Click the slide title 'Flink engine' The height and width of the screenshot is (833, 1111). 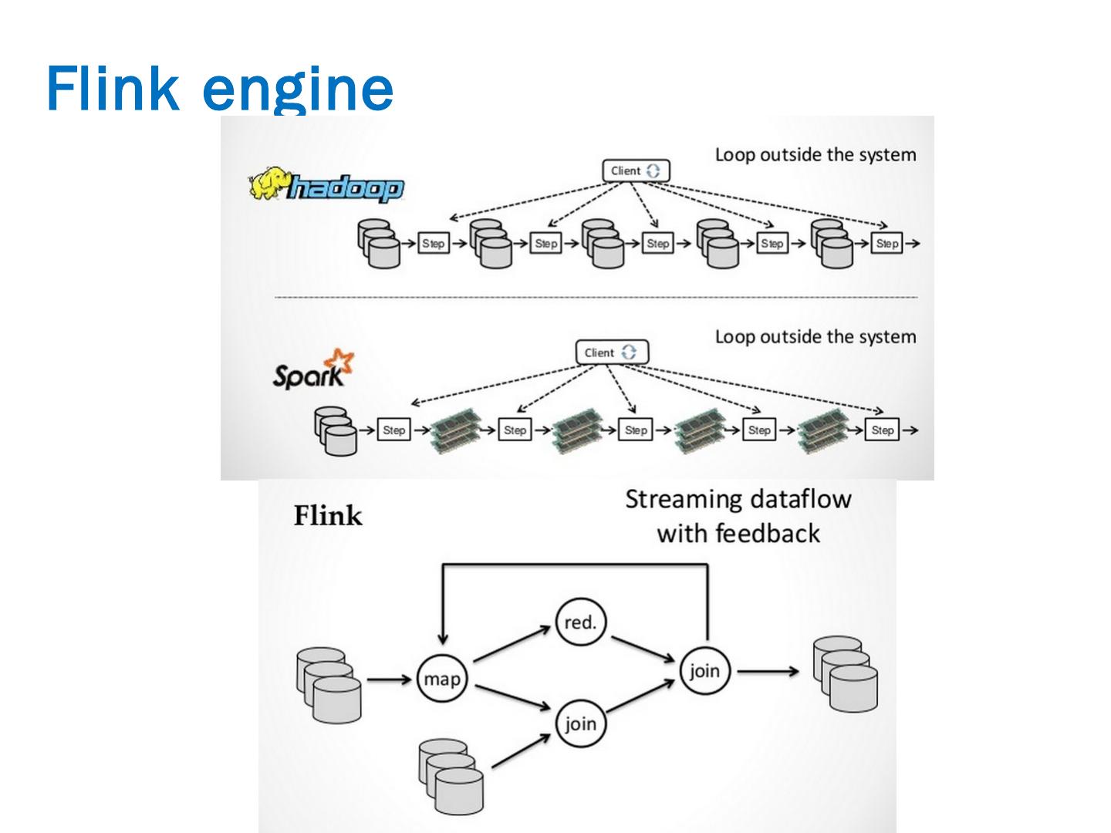point(220,89)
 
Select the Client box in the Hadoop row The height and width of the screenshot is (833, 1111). point(635,170)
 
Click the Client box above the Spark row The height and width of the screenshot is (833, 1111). point(612,352)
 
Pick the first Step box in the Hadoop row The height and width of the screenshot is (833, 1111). point(434,244)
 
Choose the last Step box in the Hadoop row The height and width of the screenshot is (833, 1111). point(887,244)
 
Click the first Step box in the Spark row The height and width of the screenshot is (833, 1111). point(393,430)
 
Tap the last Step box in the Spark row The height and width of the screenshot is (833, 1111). point(883,430)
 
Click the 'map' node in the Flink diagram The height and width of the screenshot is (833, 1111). point(442,680)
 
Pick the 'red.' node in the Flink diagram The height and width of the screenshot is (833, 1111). point(580,622)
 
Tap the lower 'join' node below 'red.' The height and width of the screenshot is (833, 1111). point(580,724)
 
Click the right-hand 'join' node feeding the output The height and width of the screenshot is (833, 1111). point(704,671)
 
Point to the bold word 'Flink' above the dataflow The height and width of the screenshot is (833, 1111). point(328,516)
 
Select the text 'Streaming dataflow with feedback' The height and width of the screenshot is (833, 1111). point(738,516)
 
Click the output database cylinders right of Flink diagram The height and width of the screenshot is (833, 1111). point(846,673)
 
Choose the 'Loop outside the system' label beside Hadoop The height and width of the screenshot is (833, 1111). point(816,155)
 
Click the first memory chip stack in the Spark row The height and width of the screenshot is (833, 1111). point(454,429)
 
